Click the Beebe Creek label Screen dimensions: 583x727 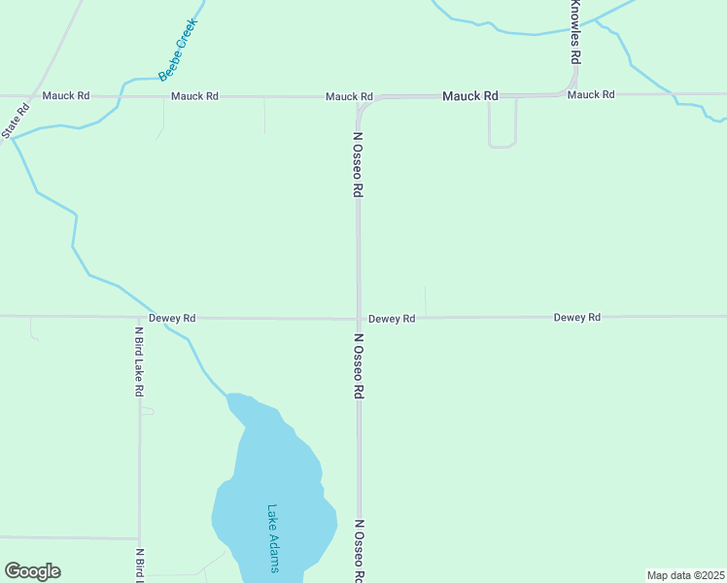point(179,50)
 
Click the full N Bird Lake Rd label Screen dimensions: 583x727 point(139,361)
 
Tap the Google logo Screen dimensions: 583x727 point(32,571)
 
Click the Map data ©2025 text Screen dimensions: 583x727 point(686,575)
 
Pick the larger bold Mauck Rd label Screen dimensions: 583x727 point(470,96)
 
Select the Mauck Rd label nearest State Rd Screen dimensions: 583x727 point(66,95)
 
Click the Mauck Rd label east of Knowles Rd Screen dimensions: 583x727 point(591,94)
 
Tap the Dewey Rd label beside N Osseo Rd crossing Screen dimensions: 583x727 point(392,318)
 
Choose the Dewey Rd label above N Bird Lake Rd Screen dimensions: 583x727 point(172,318)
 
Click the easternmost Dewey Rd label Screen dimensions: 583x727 point(577,317)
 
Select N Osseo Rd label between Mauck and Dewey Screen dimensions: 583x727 point(358,165)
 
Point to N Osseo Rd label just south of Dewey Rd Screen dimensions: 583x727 point(358,366)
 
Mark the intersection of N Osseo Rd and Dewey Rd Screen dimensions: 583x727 point(359,318)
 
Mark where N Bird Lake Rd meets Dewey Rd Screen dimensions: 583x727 point(139,317)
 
